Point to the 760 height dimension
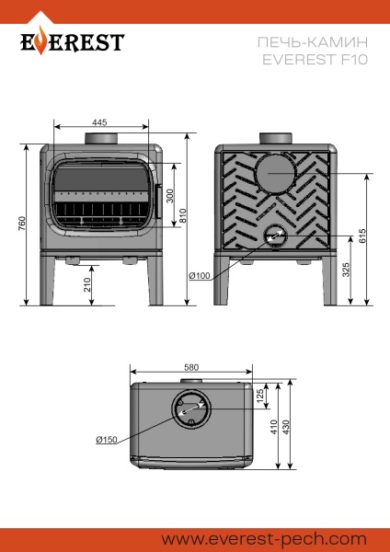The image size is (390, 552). coord(23,225)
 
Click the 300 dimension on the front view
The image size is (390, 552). coord(169,197)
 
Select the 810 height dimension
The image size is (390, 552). coord(183,218)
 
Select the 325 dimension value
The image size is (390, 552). coord(345,270)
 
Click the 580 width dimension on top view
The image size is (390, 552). coord(191,368)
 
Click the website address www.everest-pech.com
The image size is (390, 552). coord(264,537)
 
